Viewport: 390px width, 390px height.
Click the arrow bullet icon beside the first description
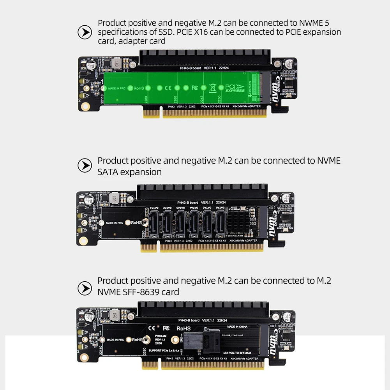pos(85,32)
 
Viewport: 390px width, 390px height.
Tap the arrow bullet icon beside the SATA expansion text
pos(85,166)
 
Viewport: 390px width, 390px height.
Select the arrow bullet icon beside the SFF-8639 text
pos(85,288)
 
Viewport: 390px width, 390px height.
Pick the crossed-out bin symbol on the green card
pos(212,88)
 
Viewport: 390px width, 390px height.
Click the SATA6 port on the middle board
pos(221,223)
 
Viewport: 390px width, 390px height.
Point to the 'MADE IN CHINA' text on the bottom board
pos(237,326)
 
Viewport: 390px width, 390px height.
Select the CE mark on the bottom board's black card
pos(153,328)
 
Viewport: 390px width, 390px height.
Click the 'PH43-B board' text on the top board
pos(190,68)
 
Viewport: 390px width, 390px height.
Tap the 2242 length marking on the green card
pos(201,99)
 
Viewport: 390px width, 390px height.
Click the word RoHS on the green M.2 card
pos(139,88)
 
